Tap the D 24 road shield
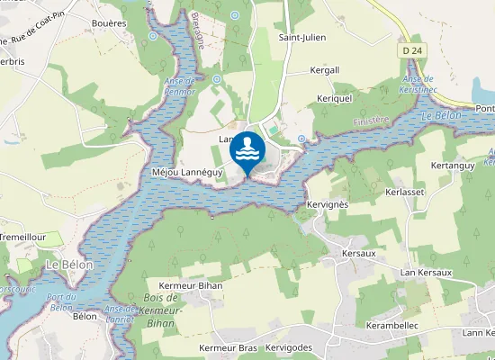412,51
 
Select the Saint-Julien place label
301,38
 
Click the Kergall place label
324,69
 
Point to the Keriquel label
332,97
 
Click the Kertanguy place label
453,166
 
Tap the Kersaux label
359,254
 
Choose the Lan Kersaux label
426,272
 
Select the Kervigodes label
288,347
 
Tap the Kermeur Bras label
229,347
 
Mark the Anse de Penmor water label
180,85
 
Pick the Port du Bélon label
61,302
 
